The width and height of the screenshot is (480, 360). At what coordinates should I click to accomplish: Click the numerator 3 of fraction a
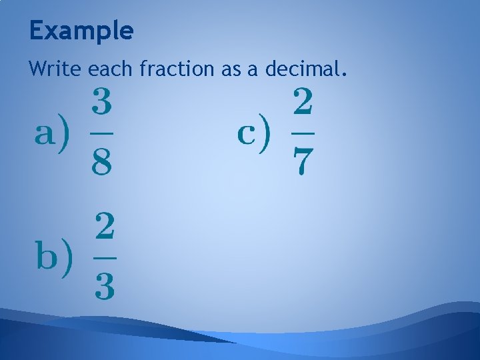click(101, 103)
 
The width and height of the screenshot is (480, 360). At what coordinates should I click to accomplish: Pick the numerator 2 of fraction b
click(103, 227)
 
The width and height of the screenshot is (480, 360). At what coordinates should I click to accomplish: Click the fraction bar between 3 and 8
click(101, 133)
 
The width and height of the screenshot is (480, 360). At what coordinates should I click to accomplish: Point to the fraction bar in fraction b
click(103, 257)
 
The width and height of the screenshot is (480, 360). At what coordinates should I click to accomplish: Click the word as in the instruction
click(231, 68)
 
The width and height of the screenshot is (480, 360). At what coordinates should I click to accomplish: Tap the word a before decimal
click(253, 68)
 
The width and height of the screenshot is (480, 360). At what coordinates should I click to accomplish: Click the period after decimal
click(343, 73)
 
